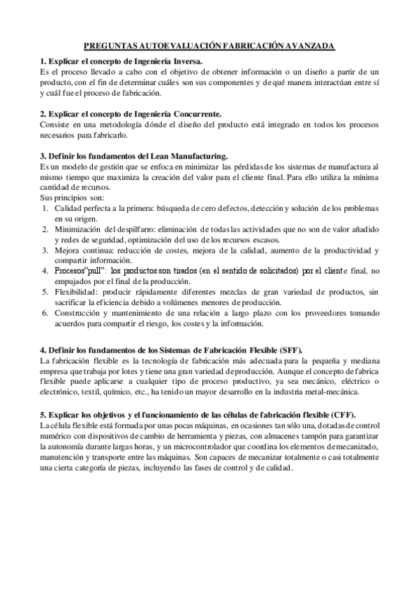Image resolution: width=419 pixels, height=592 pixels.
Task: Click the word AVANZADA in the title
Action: [x=309, y=45]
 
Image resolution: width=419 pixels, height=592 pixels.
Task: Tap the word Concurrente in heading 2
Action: [x=198, y=113]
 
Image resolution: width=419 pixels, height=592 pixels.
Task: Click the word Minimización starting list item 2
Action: [x=79, y=228]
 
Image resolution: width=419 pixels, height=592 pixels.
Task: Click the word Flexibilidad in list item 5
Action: [x=78, y=291]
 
